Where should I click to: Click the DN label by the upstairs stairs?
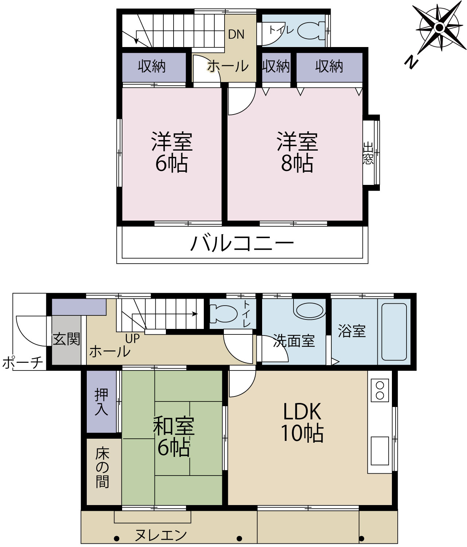[x=236, y=34]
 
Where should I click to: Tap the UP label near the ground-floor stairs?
[x=132, y=338]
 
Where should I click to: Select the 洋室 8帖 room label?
[x=297, y=152]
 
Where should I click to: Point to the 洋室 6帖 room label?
[x=172, y=152]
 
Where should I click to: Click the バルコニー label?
[x=242, y=243]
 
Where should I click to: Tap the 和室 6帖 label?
[x=174, y=437]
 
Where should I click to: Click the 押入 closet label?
[x=101, y=402]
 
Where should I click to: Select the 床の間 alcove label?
[x=102, y=468]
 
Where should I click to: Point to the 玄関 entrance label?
[x=66, y=339]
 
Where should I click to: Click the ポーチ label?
[x=23, y=362]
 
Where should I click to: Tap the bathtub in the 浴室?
[x=394, y=332]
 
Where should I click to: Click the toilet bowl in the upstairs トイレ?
[x=311, y=31]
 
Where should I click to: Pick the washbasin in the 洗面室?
[x=309, y=310]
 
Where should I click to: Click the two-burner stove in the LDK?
[x=380, y=390]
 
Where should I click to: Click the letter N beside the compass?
[x=412, y=63]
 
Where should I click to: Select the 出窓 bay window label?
[x=368, y=153]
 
